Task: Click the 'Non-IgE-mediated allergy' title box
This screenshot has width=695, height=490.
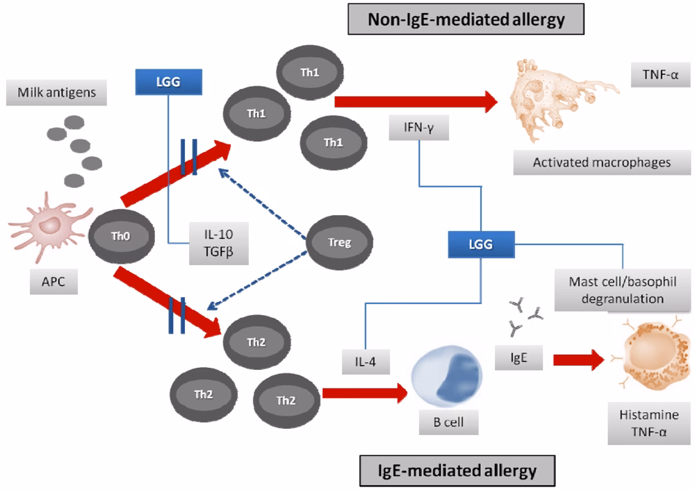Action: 466,19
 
